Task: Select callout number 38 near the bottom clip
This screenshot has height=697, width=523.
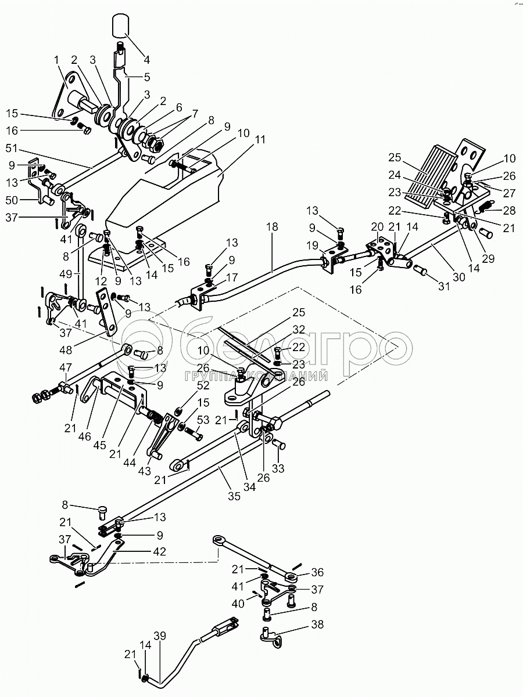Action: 317,625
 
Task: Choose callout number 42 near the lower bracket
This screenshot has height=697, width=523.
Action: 159,551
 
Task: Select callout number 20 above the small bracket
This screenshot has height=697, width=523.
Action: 377,226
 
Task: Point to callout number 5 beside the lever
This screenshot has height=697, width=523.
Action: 146,76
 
